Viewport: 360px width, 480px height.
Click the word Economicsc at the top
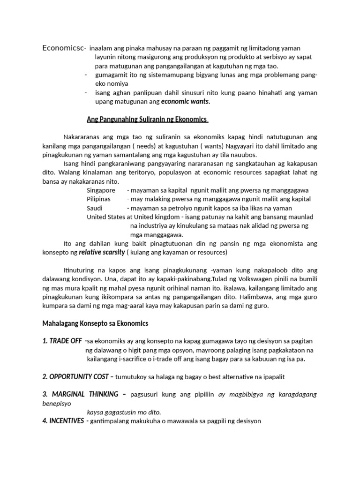click(63, 48)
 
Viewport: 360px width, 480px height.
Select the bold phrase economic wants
click(186, 101)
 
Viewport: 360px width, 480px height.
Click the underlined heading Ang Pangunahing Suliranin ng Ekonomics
click(147, 120)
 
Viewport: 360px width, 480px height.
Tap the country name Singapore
click(101, 190)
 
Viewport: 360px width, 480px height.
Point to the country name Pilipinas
click(98, 199)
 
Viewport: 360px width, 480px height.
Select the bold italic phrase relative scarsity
click(102, 252)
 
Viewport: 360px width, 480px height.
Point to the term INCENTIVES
click(67, 421)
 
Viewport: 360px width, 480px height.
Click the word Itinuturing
click(80, 270)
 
